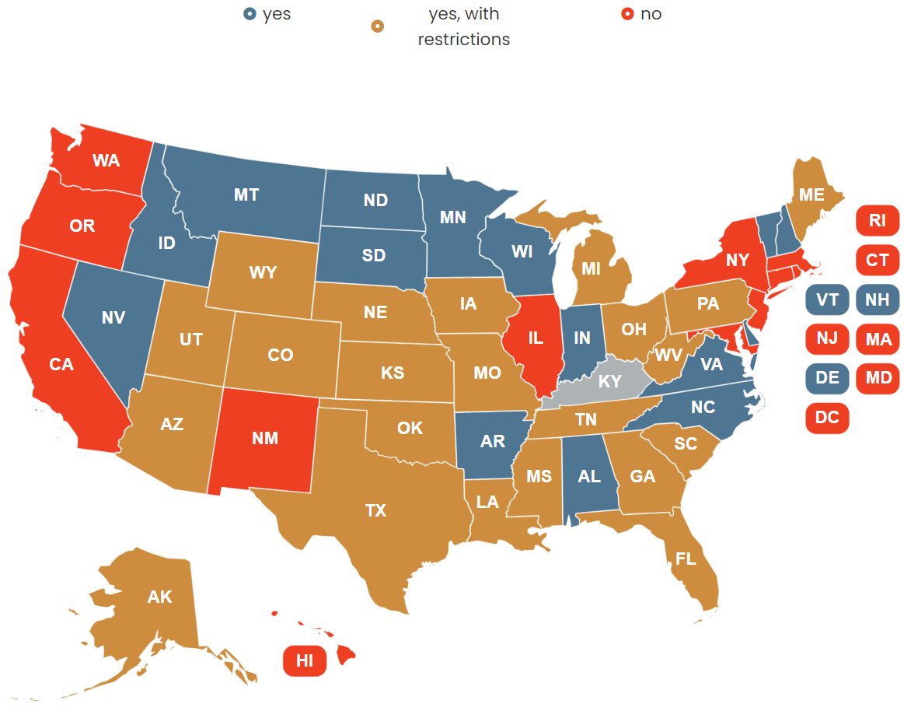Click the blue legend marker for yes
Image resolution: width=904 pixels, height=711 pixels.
pos(250,14)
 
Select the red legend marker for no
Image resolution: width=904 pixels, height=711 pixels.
pos(627,14)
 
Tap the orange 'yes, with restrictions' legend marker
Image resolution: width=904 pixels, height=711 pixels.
pos(378,26)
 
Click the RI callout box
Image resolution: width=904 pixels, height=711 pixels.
pos(877,220)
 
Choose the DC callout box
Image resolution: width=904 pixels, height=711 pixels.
pos(827,418)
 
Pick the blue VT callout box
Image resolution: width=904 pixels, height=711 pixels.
pos(827,299)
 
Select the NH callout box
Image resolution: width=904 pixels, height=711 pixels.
pos(877,299)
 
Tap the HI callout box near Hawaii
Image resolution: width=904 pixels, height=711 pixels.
pos(304,660)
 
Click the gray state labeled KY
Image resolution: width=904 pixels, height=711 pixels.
pos(609,382)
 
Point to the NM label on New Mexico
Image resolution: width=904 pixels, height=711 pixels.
pos(265,438)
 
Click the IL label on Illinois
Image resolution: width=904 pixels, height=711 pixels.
pos(535,338)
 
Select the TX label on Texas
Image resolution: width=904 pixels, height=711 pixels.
pos(375,510)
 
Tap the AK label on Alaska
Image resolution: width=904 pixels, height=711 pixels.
pos(159,597)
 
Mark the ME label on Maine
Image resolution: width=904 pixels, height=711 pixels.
pos(811,194)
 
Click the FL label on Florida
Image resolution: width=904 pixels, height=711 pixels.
pos(686,558)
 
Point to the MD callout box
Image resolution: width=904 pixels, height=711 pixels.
pos(877,378)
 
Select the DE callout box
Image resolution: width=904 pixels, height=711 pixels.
pos(827,378)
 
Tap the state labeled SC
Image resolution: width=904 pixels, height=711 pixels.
pos(685,443)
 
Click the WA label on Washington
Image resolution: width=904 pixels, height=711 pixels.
pos(106,161)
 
